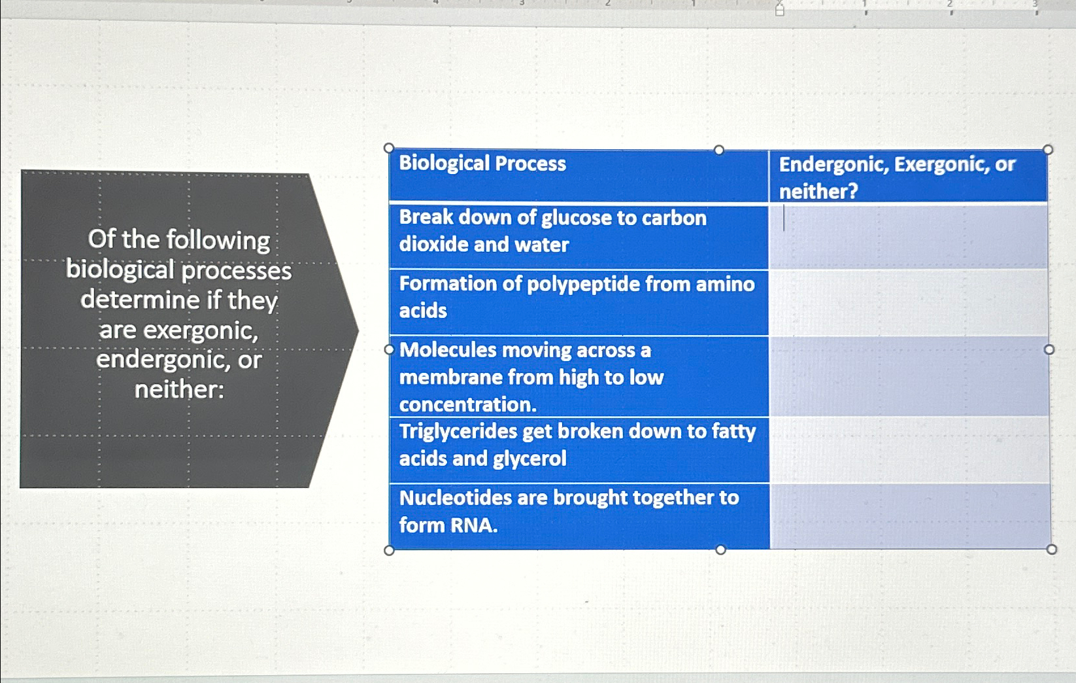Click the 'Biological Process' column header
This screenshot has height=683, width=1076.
482,163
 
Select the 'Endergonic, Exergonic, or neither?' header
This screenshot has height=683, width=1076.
896,177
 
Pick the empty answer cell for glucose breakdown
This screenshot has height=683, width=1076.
909,236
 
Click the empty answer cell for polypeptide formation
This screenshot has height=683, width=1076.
909,302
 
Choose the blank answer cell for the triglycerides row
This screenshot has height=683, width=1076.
909,450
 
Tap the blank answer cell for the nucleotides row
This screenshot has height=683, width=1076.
909,516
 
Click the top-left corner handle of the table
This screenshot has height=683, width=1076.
389,149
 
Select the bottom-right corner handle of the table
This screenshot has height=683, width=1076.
1051,550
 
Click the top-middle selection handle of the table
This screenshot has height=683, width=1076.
719,150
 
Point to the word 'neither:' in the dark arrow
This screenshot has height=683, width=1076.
179,390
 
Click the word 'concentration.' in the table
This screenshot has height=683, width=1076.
467,405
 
